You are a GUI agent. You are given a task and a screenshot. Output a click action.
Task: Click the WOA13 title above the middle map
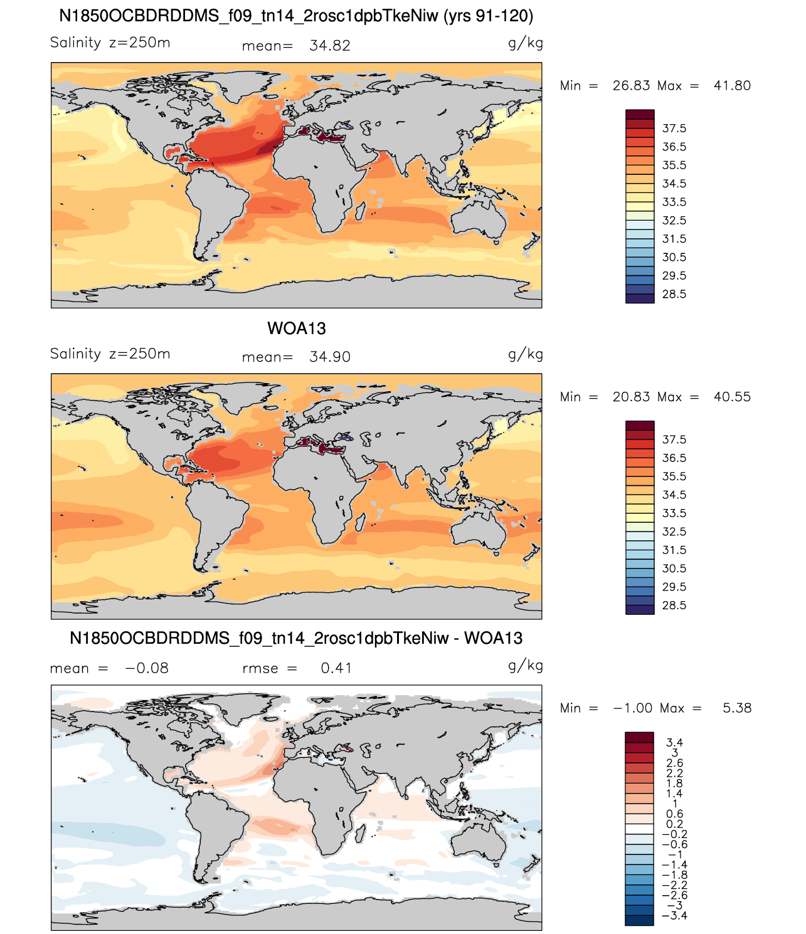point(296,328)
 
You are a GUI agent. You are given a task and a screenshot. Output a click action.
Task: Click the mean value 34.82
point(329,46)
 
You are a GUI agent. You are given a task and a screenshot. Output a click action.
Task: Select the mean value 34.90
point(329,357)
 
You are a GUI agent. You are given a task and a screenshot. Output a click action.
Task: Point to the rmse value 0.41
point(336,668)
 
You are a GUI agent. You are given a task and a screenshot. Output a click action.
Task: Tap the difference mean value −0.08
point(147,668)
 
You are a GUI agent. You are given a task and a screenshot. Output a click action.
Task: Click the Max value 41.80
point(732,85)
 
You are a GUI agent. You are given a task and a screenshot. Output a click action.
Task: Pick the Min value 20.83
point(631,397)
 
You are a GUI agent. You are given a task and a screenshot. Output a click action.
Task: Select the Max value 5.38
point(737,708)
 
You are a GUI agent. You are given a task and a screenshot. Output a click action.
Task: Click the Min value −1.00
point(632,708)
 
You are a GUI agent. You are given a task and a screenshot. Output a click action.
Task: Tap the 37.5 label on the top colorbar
point(674,129)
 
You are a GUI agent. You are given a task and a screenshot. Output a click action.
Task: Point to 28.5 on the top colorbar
point(674,294)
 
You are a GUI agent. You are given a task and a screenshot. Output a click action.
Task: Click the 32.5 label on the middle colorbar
point(674,532)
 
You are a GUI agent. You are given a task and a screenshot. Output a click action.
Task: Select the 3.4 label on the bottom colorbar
point(674,742)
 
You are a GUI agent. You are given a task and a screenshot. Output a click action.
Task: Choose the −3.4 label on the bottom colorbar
point(674,915)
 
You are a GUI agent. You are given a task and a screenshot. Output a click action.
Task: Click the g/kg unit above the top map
point(525,43)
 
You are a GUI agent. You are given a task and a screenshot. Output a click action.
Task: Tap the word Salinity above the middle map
point(75,354)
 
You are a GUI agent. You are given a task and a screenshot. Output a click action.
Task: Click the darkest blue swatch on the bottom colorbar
point(639,920)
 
